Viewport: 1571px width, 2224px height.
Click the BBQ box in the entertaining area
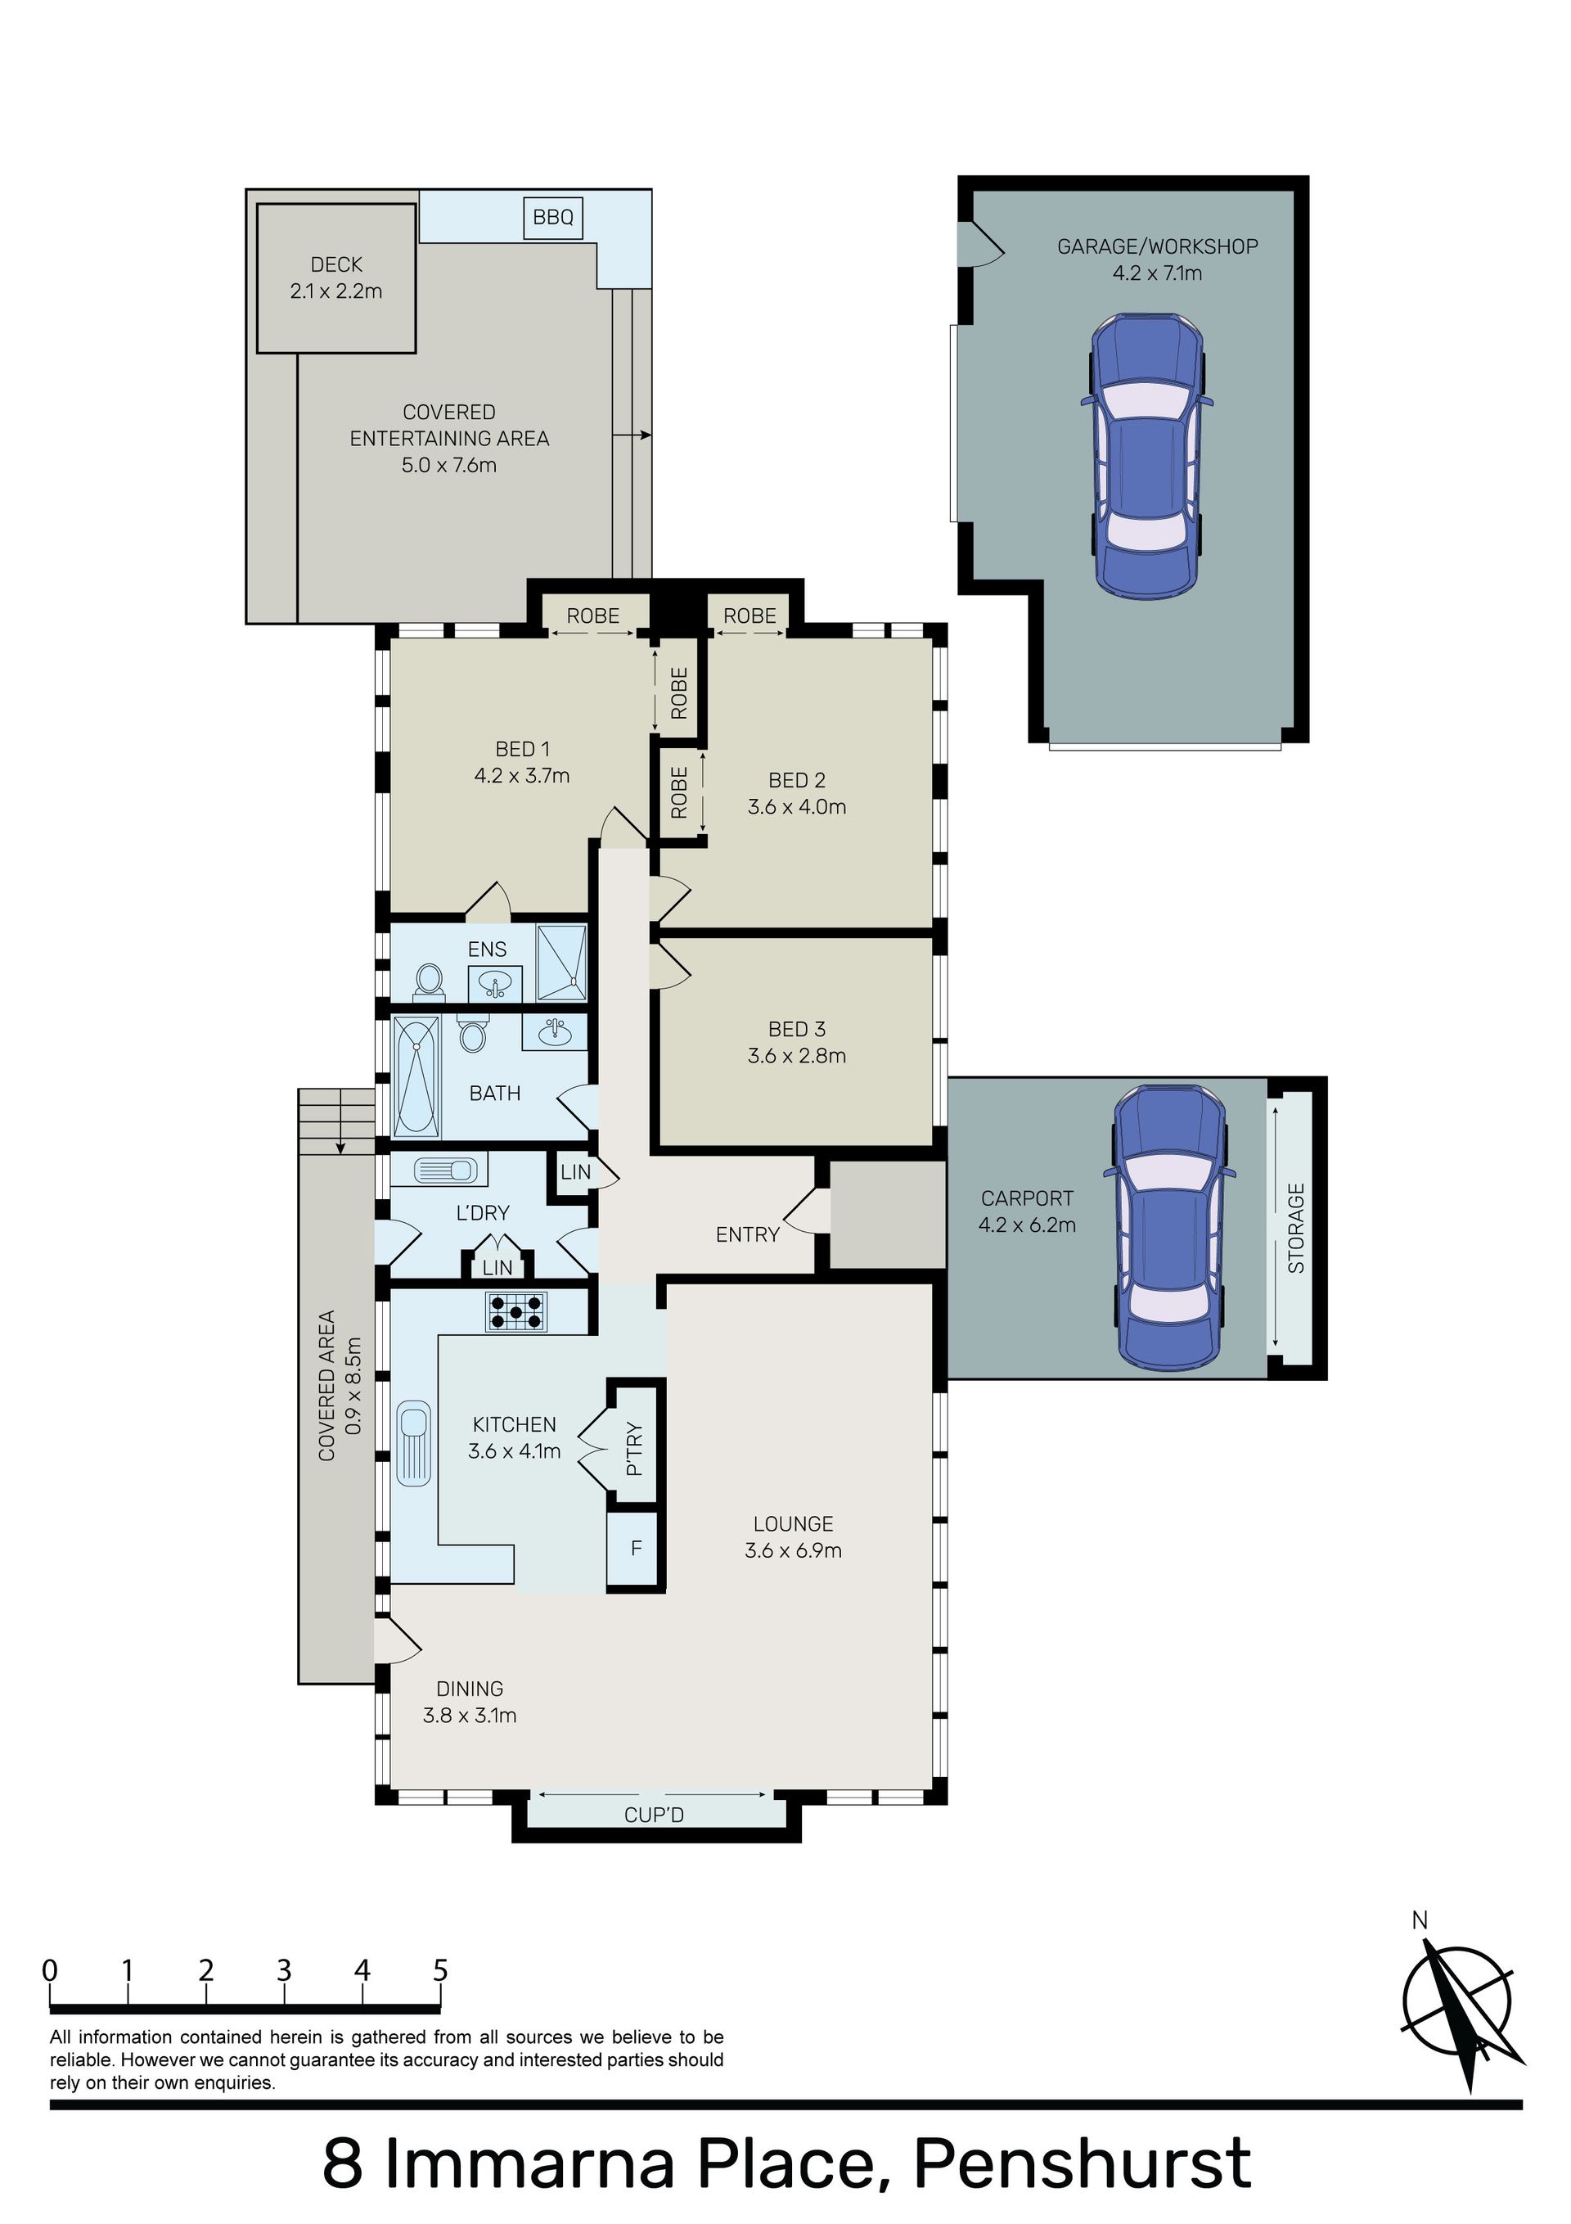click(553, 217)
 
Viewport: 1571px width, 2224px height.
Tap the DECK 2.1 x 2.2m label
click(336, 277)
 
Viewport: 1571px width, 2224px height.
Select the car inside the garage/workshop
click(1148, 454)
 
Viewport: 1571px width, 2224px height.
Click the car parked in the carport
click(1171, 1226)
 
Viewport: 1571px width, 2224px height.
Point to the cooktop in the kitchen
click(516, 1311)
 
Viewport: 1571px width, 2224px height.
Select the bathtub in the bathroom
click(416, 1076)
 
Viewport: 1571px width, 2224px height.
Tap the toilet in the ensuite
click(428, 981)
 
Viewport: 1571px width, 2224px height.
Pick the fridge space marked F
click(637, 1548)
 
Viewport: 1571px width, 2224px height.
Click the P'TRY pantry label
click(634, 1448)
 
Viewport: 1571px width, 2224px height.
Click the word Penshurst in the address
click(1082, 2157)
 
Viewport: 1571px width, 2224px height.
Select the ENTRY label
click(748, 1234)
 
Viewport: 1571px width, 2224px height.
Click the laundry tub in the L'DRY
click(446, 1171)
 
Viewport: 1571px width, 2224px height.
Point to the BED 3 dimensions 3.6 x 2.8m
click(797, 1056)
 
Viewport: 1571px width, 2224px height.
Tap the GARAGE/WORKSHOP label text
click(1158, 247)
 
